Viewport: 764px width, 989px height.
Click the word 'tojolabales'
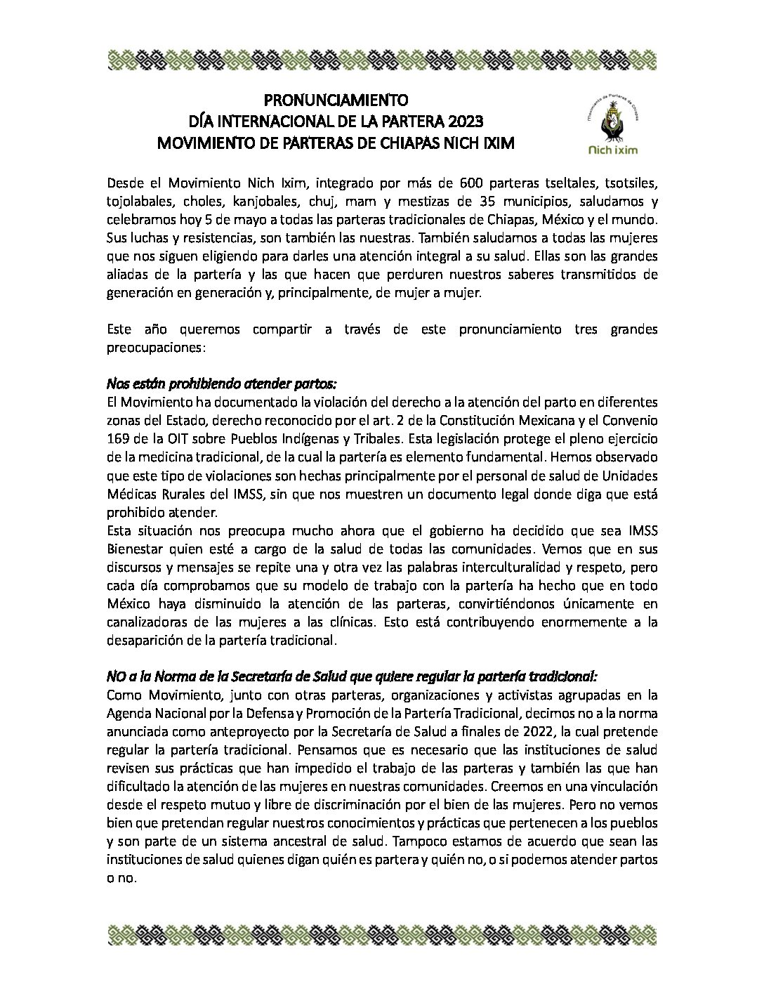pos(138,202)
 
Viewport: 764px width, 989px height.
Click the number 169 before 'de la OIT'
pos(117,439)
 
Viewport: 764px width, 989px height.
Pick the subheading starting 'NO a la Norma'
pos(352,676)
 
